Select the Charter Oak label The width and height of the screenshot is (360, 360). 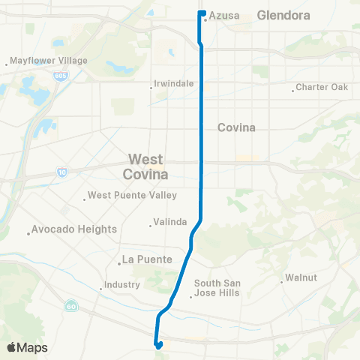tap(323, 87)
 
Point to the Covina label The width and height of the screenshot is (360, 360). tap(236, 127)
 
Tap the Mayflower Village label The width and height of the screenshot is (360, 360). tap(49, 61)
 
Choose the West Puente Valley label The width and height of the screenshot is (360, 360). tap(132, 196)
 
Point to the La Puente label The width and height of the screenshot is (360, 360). tap(147, 260)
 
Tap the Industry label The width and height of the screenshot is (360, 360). tap(122, 285)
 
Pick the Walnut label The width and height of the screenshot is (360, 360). tap(301, 278)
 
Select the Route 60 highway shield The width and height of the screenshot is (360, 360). tap(70, 305)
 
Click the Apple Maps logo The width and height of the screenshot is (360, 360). tap(27, 347)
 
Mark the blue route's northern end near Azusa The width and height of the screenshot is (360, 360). tap(202, 13)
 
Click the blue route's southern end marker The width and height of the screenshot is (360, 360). tap(159, 345)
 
